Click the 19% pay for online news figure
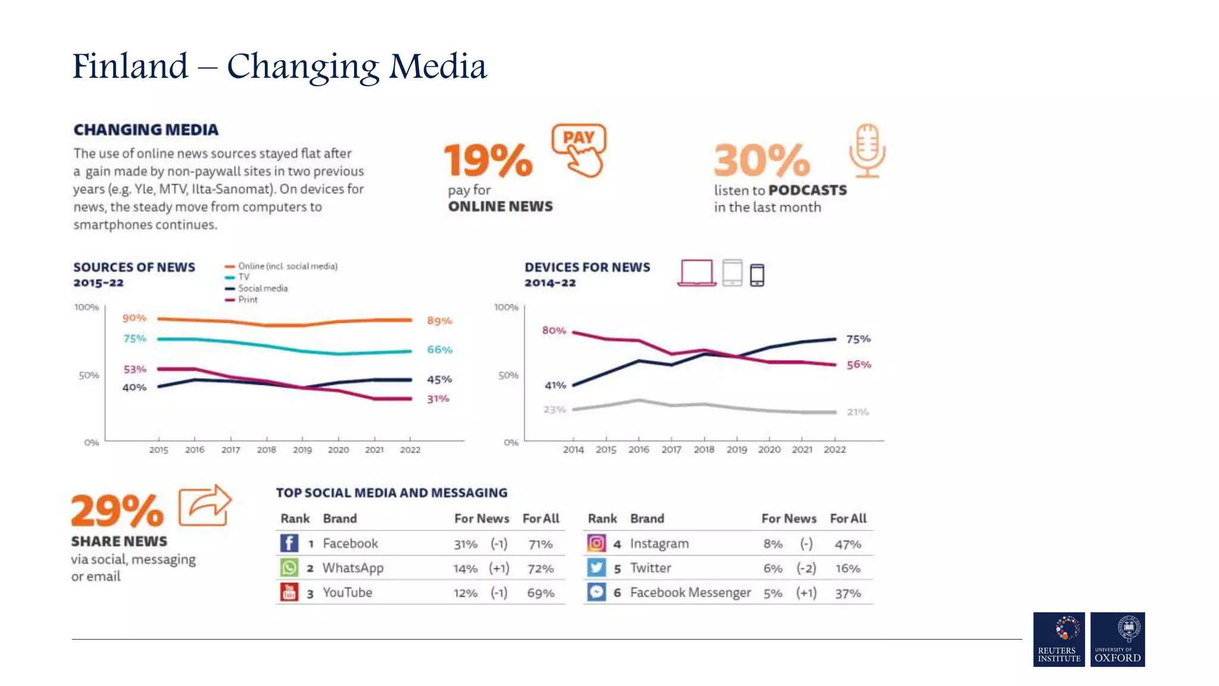[x=488, y=160]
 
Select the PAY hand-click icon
[x=579, y=150]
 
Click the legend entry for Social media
[x=262, y=288]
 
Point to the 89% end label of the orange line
[x=439, y=321]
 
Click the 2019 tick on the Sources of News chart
[x=302, y=450]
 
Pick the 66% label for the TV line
[x=439, y=350]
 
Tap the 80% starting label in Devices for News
[x=554, y=330]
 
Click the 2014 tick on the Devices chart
[x=573, y=450]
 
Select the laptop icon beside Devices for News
[x=696, y=273]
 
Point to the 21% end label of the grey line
[x=858, y=412]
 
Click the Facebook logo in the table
[x=289, y=543]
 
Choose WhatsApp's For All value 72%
[x=540, y=569]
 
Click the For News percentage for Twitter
[x=773, y=569]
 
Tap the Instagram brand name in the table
[x=659, y=544]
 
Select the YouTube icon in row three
[x=289, y=593]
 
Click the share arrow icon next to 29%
[x=204, y=506]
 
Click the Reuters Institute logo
[x=1059, y=639]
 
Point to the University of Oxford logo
[x=1117, y=639]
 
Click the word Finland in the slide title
[x=130, y=66]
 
